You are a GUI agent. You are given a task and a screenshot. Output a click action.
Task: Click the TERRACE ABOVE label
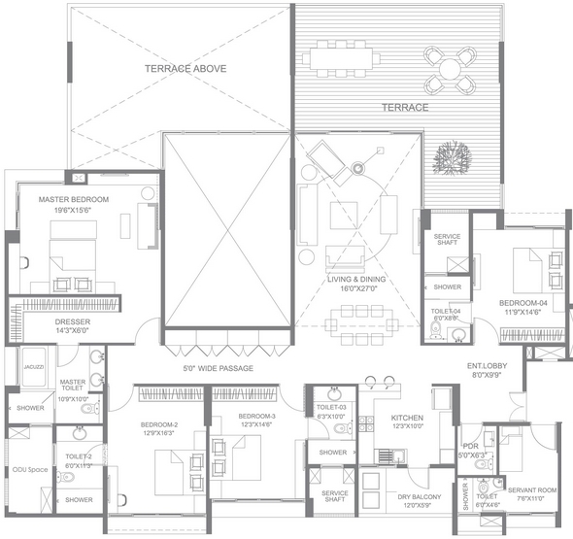click(185, 69)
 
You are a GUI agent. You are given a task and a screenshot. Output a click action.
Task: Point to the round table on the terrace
click(449, 69)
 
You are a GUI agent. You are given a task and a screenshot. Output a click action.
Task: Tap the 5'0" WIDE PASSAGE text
click(218, 369)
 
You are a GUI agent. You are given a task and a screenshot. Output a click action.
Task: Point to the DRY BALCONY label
click(420, 496)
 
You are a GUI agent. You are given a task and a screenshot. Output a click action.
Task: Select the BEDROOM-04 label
click(523, 303)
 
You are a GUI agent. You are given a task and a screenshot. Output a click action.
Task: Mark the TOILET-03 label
click(330, 407)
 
